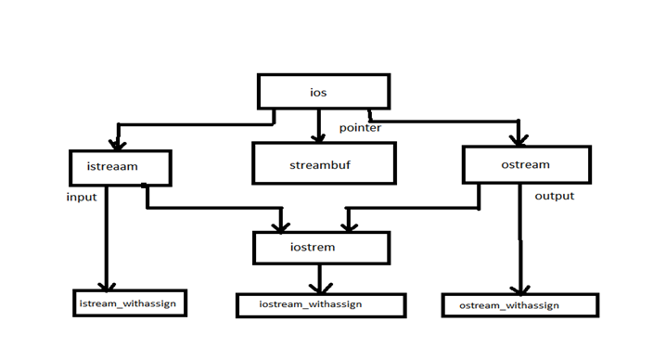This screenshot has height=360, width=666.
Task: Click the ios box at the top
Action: pos(323,92)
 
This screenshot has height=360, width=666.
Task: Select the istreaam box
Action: pos(121,167)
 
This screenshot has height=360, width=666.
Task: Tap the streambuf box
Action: pos(323,163)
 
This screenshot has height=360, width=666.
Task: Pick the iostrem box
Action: pos(321,248)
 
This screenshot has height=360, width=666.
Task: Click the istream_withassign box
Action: pos(131,303)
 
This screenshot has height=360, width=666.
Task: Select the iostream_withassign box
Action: pos(320,304)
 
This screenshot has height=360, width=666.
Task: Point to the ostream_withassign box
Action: pos(519,305)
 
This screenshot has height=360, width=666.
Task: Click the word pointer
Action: pos(360,128)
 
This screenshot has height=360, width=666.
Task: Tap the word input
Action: pos(82,198)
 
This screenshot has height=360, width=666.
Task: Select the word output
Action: pos(554,196)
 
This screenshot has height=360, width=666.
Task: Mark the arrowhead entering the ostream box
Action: pos(519,139)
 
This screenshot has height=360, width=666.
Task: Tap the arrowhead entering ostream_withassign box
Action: pos(520,288)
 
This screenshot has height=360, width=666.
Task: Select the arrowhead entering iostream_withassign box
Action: pos(320,288)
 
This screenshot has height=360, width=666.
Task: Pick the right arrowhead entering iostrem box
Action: pos(348,225)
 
